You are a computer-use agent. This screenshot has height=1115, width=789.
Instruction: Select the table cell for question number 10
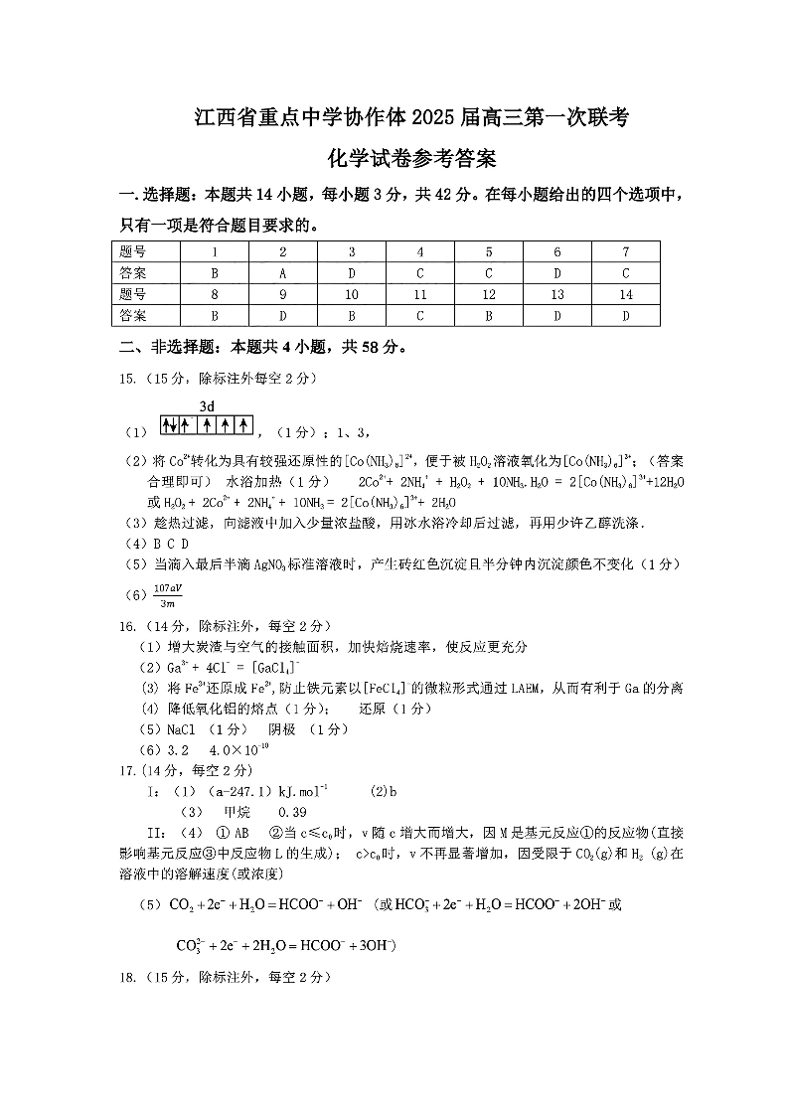tap(351, 294)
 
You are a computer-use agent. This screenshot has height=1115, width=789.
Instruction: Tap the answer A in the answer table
tap(282, 272)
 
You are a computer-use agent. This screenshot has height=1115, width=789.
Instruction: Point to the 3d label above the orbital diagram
tap(207, 406)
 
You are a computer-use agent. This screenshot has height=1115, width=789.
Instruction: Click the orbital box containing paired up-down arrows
tap(171, 425)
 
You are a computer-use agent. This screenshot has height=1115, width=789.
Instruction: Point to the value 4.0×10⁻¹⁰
tap(245, 748)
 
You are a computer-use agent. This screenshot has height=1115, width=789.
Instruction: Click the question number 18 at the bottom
tap(127, 978)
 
